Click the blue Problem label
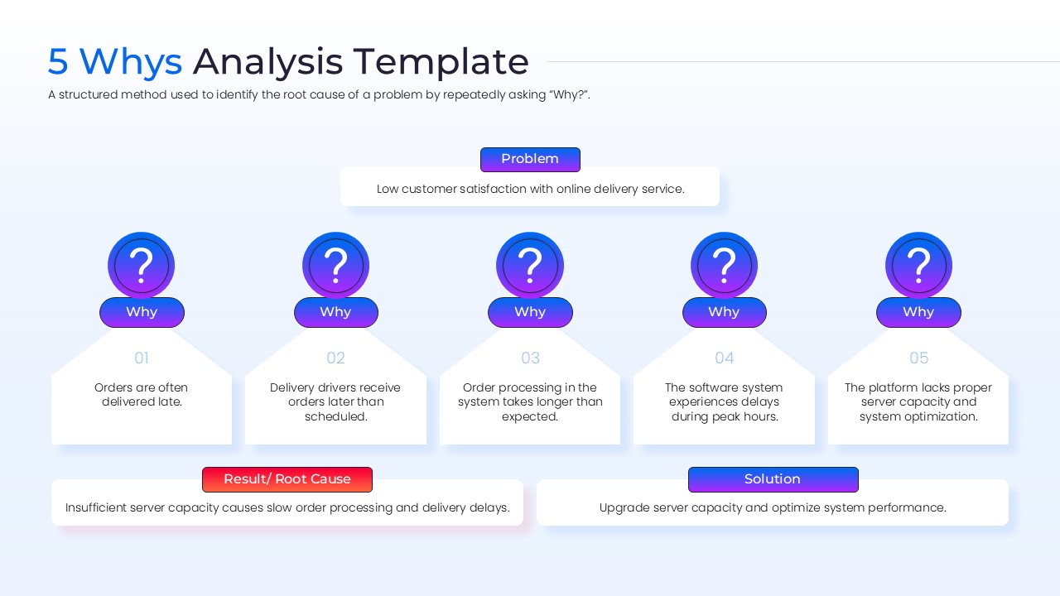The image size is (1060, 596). pyautogui.click(x=530, y=159)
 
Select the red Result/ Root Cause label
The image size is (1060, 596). pyautogui.click(x=287, y=479)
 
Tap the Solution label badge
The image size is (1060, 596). pyautogui.click(x=773, y=479)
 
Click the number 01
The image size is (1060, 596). pyautogui.click(x=142, y=358)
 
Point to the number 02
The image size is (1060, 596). pyautogui.click(x=335, y=358)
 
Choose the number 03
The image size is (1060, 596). pyautogui.click(x=530, y=358)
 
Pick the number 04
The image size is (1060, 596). pyautogui.click(x=724, y=358)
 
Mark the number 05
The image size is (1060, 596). pyautogui.click(x=918, y=358)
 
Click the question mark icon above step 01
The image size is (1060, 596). pyautogui.click(x=142, y=266)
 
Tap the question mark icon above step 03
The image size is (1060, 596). pyautogui.click(x=530, y=266)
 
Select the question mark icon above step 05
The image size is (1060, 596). pyautogui.click(x=918, y=266)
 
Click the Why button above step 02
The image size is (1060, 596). pyautogui.click(x=335, y=312)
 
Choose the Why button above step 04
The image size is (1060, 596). pyautogui.click(x=724, y=312)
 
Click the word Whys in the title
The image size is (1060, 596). pyautogui.click(x=131, y=62)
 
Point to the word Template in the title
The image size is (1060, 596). pyautogui.click(x=441, y=62)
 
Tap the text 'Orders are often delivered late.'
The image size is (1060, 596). pyautogui.click(x=142, y=395)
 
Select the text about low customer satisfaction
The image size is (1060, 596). pyautogui.click(x=530, y=189)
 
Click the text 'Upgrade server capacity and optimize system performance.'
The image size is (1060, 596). pyautogui.click(x=773, y=507)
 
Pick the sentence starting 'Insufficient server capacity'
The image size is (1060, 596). pyautogui.click(x=287, y=507)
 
